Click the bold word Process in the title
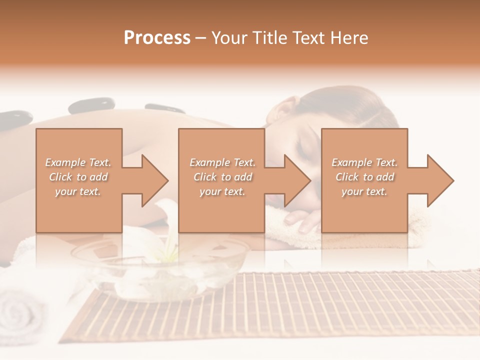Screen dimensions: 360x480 point(157,38)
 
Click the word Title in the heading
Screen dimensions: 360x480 point(270,38)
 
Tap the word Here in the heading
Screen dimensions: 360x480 point(349,38)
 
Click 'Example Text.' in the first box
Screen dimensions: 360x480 point(78,162)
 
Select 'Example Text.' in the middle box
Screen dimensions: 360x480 point(222,162)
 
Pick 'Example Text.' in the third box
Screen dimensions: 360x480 point(364,162)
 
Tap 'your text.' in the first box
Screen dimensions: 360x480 point(78,191)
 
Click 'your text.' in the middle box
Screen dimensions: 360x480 point(222,191)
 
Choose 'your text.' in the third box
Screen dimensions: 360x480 point(364,191)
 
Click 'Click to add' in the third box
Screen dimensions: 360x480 point(364,177)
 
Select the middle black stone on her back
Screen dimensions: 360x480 point(91,105)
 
